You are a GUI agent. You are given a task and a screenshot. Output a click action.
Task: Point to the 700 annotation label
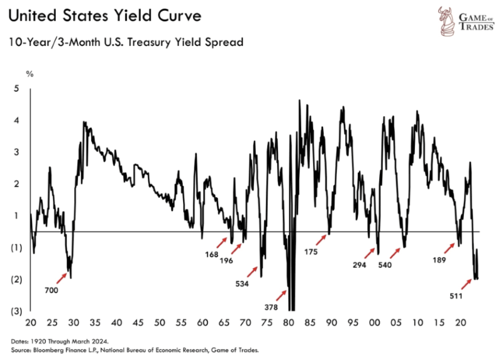(52, 290)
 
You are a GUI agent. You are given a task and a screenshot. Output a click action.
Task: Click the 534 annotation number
(241, 283)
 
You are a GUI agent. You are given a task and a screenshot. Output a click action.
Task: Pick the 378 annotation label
(271, 307)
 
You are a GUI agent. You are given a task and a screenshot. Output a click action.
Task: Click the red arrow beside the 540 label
(394, 253)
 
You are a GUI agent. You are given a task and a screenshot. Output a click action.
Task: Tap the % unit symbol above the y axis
(28, 74)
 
